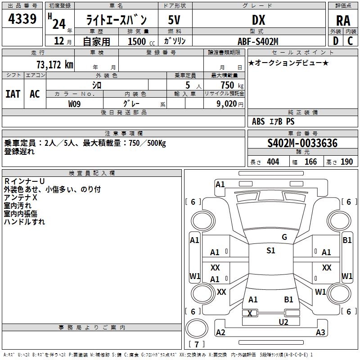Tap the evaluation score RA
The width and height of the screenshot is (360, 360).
click(343, 20)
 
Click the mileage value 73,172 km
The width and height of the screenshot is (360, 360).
click(54, 64)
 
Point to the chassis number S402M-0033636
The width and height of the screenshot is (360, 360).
click(302, 143)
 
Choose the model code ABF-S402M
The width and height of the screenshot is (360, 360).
click(258, 41)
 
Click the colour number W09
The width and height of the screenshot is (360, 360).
click(75, 103)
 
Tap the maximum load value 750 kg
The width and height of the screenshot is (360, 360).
click(229, 85)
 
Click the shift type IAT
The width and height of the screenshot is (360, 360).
click(13, 94)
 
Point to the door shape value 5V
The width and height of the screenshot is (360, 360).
click(174, 20)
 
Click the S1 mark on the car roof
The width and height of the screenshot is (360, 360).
click(270, 251)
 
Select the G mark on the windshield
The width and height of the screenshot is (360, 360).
click(284, 237)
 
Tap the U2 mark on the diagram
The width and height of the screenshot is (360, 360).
click(283, 321)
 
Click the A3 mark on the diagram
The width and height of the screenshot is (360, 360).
click(320, 333)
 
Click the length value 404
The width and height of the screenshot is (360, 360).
click(273, 162)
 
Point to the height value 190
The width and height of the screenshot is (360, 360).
click(347, 162)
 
